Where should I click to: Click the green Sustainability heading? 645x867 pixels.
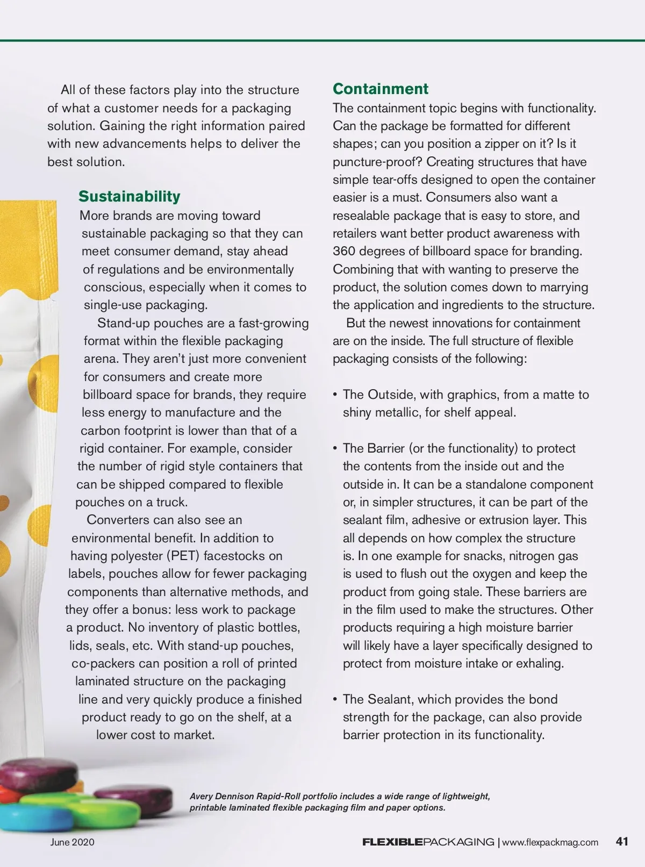[x=129, y=196]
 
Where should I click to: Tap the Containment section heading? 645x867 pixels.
[x=380, y=89]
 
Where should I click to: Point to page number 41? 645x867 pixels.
[x=622, y=841]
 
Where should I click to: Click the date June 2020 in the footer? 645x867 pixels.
[x=72, y=842]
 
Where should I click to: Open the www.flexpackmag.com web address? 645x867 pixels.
[x=550, y=842]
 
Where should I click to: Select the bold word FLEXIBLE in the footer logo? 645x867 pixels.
[x=392, y=842]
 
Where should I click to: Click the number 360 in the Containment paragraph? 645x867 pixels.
[x=344, y=251]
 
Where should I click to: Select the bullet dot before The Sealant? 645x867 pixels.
[x=335, y=699]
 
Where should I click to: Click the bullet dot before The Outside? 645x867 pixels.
[x=335, y=395]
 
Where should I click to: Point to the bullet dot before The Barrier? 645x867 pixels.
[x=335, y=448]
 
